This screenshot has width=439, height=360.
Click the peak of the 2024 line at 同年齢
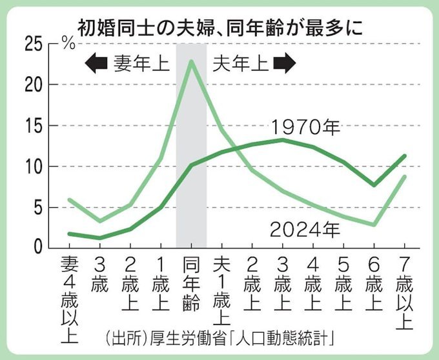point(191,61)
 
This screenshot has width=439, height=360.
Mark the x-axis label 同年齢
point(190,283)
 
